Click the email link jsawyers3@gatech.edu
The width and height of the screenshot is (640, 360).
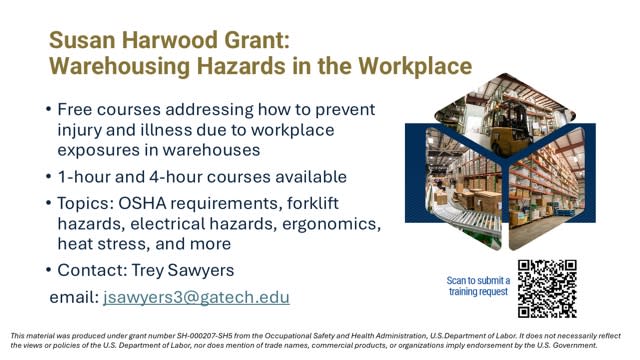(196, 298)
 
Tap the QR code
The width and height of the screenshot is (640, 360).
(547, 289)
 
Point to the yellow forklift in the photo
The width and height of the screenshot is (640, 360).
(509, 129)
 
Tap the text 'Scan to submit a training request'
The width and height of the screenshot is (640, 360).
(478, 286)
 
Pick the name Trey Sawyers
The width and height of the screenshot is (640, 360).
(183, 271)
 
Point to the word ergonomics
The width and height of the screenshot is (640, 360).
(331, 224)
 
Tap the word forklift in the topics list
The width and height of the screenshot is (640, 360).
(313, 203)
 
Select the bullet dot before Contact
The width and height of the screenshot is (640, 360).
(49, 270)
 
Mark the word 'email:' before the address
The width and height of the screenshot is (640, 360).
(74, 297)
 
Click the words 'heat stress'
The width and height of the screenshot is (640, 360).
(103, 244)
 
